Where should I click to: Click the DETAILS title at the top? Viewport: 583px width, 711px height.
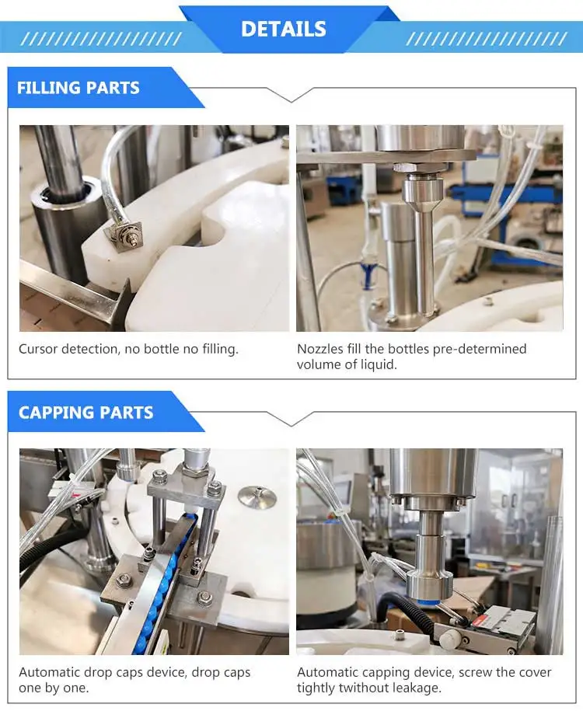tap(283, 29)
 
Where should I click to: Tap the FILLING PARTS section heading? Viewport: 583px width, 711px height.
tap(78, 88)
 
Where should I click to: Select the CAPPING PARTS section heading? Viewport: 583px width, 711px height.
tap(86, 413)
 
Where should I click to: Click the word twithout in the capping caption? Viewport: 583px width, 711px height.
tap(368, 688)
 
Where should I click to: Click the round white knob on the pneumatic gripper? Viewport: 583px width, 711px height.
tap(450, 636)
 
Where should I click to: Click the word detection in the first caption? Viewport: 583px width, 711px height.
tap(94, 349)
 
